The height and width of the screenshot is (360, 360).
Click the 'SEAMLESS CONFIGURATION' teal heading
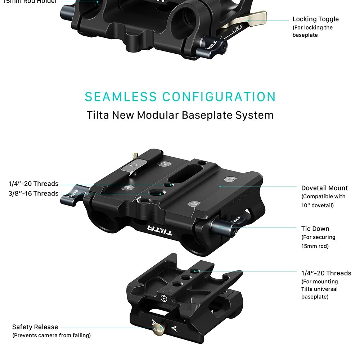pyautogui.click(x=180, y=97)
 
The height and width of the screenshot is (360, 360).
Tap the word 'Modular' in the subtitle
pyautogui.click(x=157, y=115)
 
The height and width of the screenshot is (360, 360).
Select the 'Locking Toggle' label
pyautogui.click(x=315, y=19)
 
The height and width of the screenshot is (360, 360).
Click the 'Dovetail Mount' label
pyautogui.click(x=324, y=188)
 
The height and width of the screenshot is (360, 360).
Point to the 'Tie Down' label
pyautogui.click(x=315, y=229)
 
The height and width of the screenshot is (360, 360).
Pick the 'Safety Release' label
pyautogui.click(x=35, y=327)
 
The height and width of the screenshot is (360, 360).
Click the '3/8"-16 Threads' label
pyautogui.click(x=33, y=194)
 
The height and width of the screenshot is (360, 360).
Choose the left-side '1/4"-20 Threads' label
pyautogui.click(x=33, y=184)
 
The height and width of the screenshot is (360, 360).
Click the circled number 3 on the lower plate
pyautogui.click(x=164, y=298)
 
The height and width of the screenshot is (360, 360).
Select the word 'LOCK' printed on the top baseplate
pyautogui.click(x=237, y=31)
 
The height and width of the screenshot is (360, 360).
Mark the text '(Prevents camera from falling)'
pyautogui.click(x=51, y=336)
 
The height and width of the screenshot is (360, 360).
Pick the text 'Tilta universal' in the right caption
pyautogui.click(x=319, y=289)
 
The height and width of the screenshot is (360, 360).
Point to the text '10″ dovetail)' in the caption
pyautogui.click(x=318, y=206)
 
